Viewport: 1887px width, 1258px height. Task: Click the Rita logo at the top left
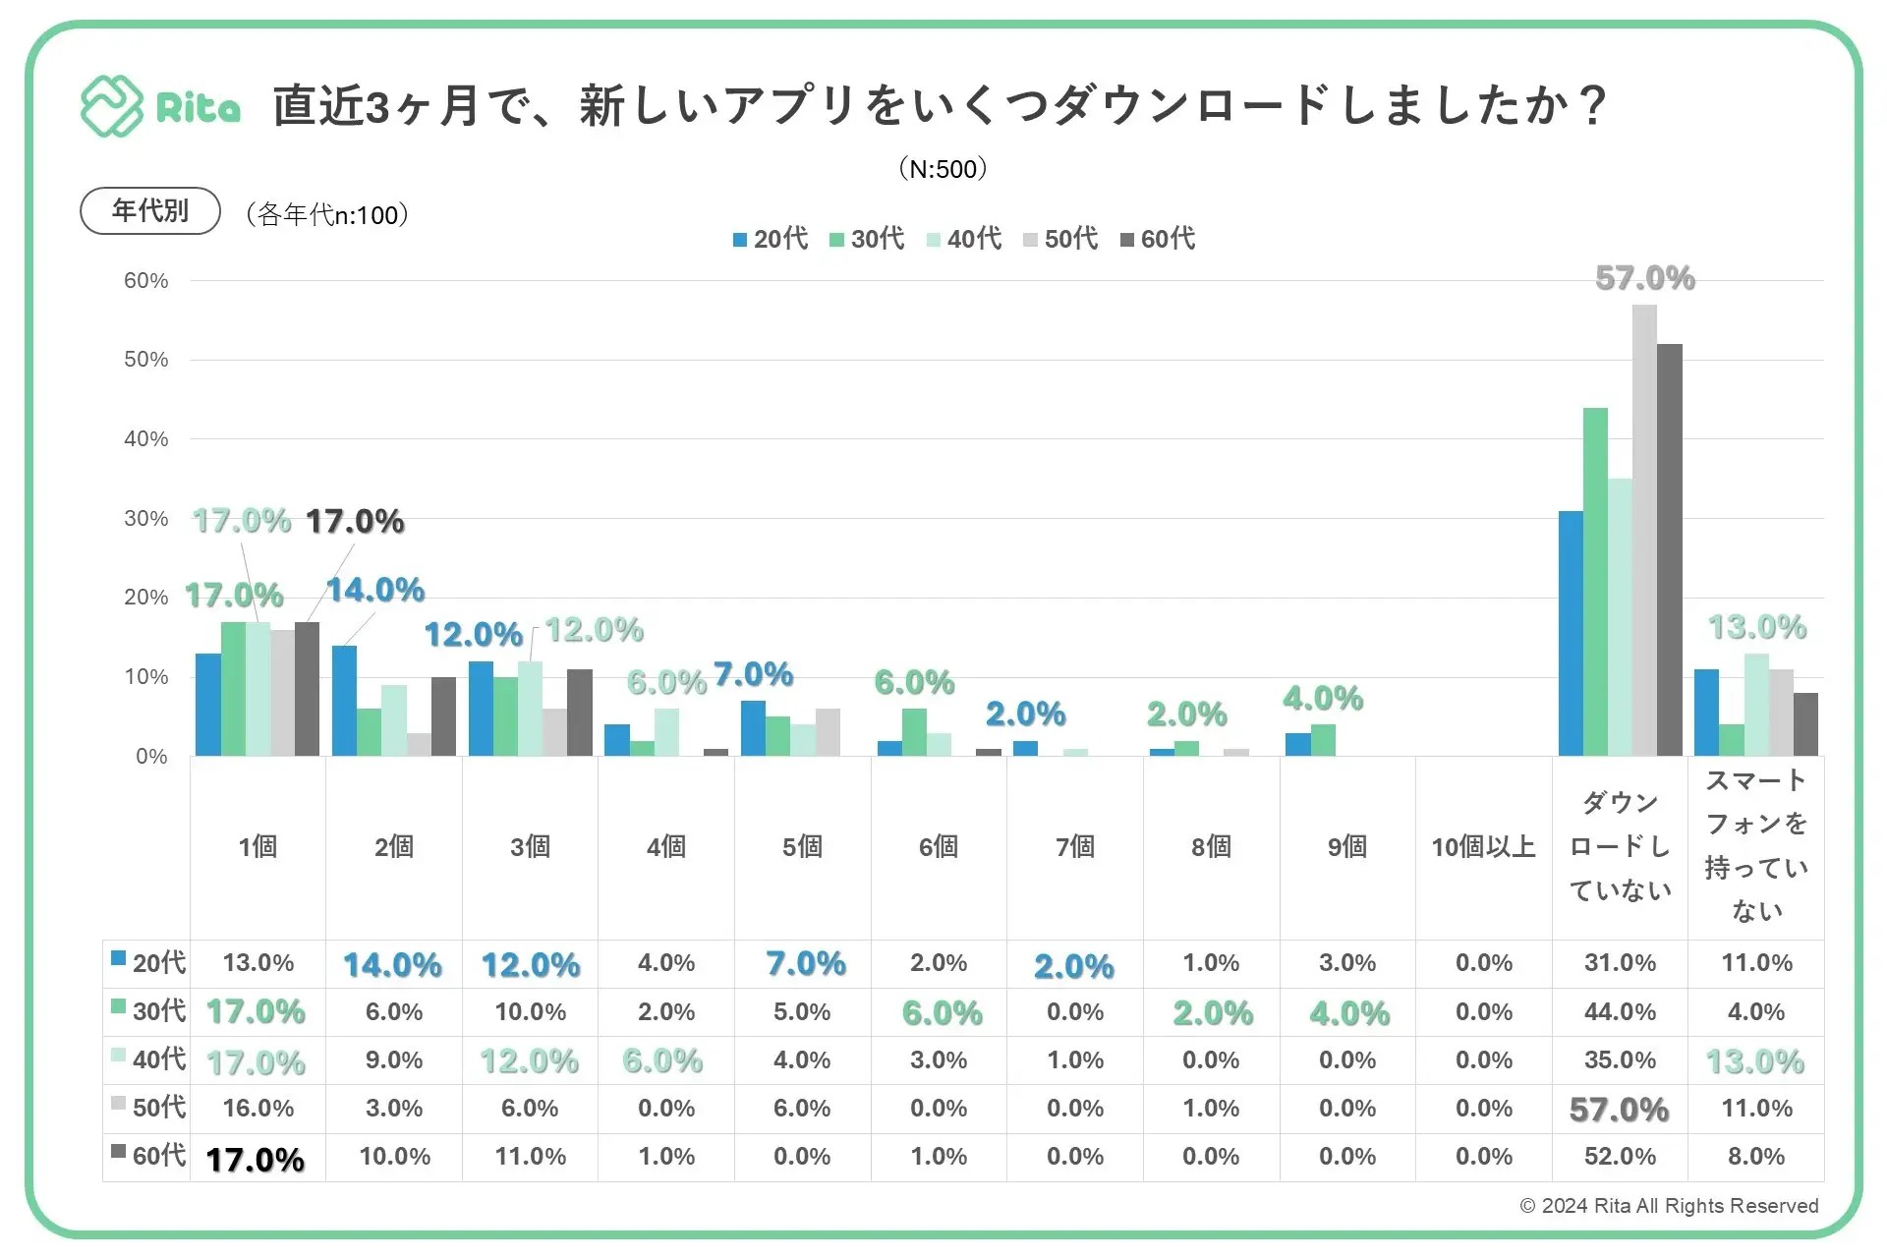160,106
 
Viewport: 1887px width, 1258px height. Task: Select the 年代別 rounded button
149,211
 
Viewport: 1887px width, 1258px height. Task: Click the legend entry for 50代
1060,239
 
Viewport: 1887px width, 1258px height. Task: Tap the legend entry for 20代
771,239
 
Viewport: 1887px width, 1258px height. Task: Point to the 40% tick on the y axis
145,439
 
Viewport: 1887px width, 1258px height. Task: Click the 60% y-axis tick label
145,281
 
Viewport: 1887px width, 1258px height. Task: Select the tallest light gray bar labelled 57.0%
1644,531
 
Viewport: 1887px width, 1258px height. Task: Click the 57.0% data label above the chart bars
1644,279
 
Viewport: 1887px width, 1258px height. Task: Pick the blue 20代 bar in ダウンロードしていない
1571,634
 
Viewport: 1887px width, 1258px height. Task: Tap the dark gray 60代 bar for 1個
307,689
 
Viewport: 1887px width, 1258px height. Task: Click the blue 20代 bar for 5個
753,728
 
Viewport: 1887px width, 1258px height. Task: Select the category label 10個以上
1483,847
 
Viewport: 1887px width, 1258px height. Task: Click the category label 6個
939,847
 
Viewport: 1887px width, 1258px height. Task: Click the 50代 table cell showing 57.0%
1619,1110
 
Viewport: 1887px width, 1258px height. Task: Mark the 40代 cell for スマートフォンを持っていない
1755,1061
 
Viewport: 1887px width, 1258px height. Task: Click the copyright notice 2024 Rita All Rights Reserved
1669,1206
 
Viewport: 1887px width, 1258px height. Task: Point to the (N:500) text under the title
943,169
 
